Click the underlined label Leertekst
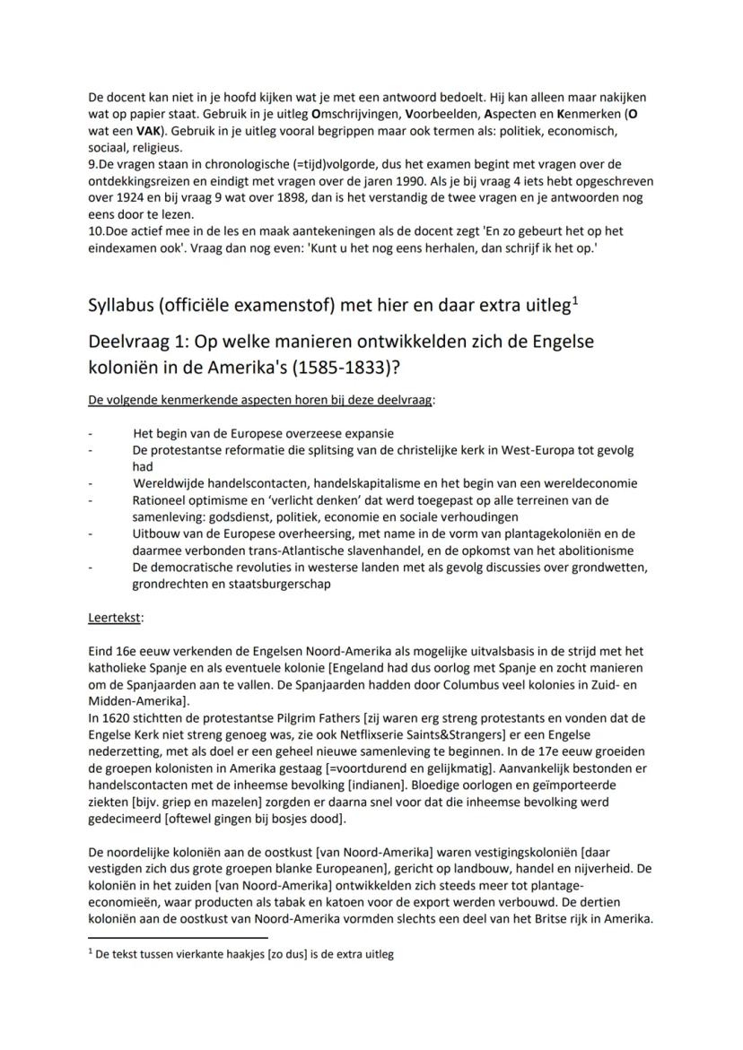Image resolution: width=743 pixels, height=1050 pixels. (x=116, y=618)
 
